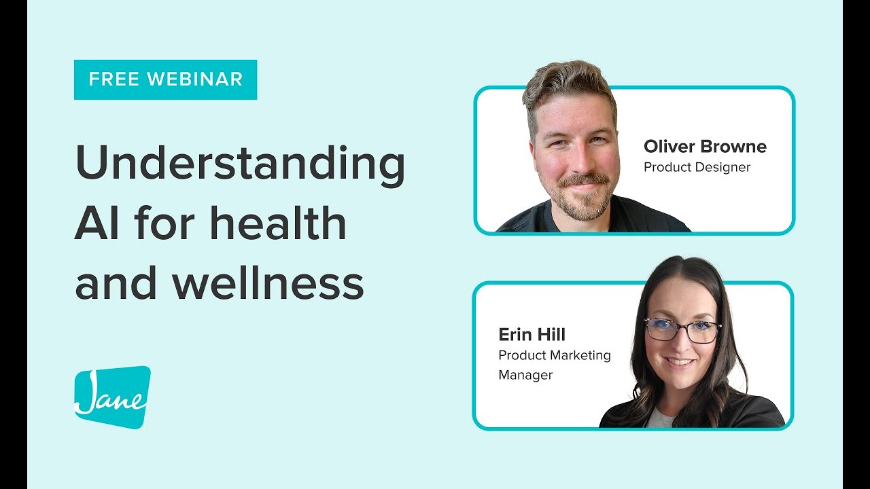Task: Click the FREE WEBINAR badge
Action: tap(165, 79)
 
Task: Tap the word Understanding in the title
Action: tap(240, 165)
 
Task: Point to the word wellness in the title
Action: tap(268, 283)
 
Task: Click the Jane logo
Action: tap(112, 398)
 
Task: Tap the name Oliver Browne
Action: tap(705, 147)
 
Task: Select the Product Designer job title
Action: tap(697, 167)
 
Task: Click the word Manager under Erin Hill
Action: tap(525, 375)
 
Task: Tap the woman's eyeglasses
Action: tap(682, 331)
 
